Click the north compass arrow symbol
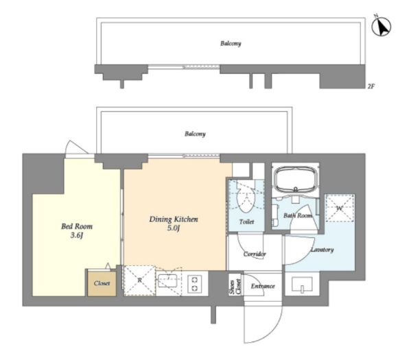(x=381, y=26)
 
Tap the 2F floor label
(x=371, y=86)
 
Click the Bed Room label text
(x=77, y=226)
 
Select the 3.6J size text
(x=77, y=236)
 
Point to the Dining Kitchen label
(x=174, y=219)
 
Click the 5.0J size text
(x=174, y=228)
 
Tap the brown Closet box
(x=102, y=283)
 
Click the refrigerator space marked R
(x=139, y=280)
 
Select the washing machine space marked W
(x=340, y=208)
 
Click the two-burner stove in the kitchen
(x=194, y=284)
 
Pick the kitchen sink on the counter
(x=168, y=280)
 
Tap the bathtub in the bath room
(x=296, y=180)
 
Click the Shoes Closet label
(x=235, y=287)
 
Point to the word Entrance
(x=263, y=286)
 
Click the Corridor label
(x=255, y=254)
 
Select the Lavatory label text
(x=322, y=250)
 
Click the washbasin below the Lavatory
(x=302, y=285)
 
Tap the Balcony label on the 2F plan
(x=231, y=43)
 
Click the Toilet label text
(x=246, y=222)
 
